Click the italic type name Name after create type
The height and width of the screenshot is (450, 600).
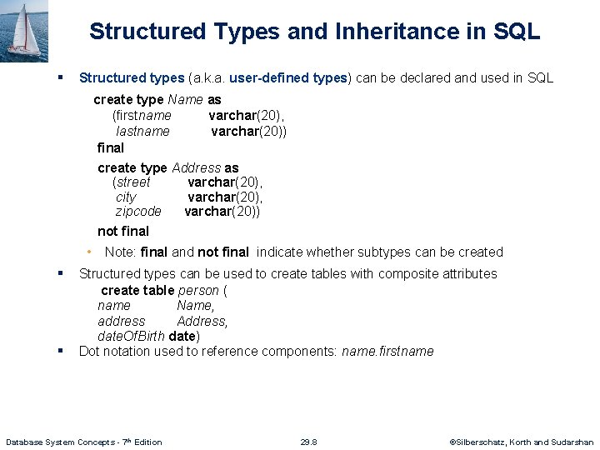click(186, 99)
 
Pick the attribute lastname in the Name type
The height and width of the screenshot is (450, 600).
click(143, 131)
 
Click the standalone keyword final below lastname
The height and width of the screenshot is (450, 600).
click(110, 147)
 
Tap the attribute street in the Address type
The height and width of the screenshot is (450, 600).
click(132, 182)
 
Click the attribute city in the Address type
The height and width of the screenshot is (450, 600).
click(126, 197)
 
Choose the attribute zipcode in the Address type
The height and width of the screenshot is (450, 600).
click(138, 212)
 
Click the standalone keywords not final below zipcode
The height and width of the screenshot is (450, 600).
click(123, 232)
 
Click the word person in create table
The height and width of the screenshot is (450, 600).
click(199, 291)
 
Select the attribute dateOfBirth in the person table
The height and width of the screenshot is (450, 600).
click(131, 336)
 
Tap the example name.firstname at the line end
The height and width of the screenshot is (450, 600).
click(387, 351)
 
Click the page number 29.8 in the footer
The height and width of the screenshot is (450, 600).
click(308, 442)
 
